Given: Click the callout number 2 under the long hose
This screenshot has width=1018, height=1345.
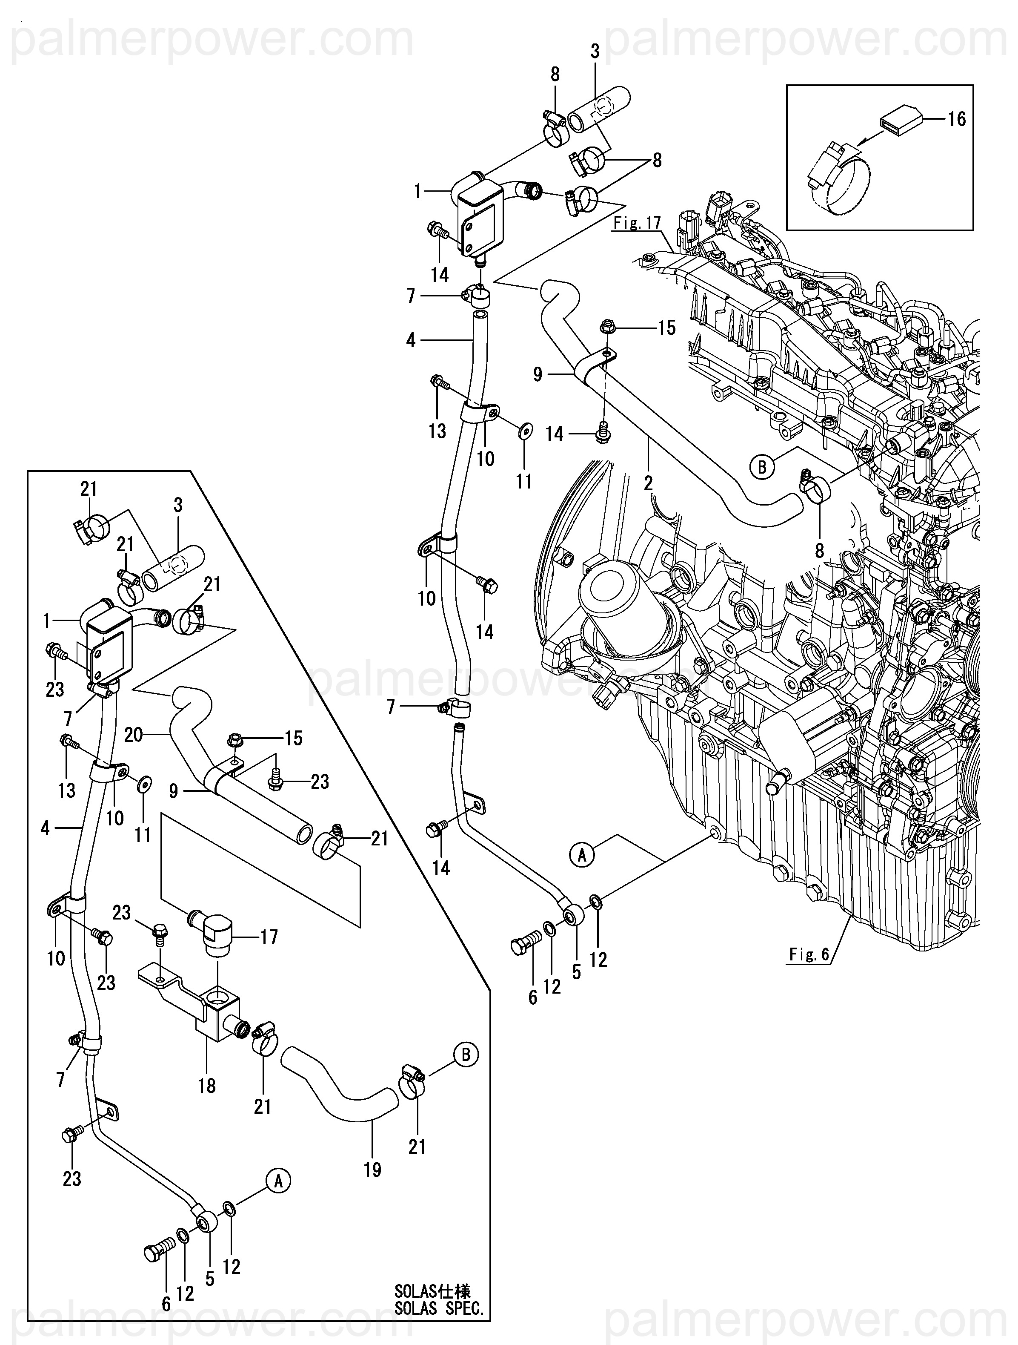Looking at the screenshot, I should [649, 483].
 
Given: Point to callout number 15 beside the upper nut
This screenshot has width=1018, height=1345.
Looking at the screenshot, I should [667, 328].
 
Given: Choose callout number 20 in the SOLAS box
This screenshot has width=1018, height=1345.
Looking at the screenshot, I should [133, 735].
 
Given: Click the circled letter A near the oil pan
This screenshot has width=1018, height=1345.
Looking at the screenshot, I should [582, 856].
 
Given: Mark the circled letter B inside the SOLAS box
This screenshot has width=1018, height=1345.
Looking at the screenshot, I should [466, 1055].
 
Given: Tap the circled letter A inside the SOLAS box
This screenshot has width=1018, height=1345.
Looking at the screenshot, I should [278, 1181].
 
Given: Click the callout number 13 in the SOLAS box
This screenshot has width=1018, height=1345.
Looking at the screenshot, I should [67, 790].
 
